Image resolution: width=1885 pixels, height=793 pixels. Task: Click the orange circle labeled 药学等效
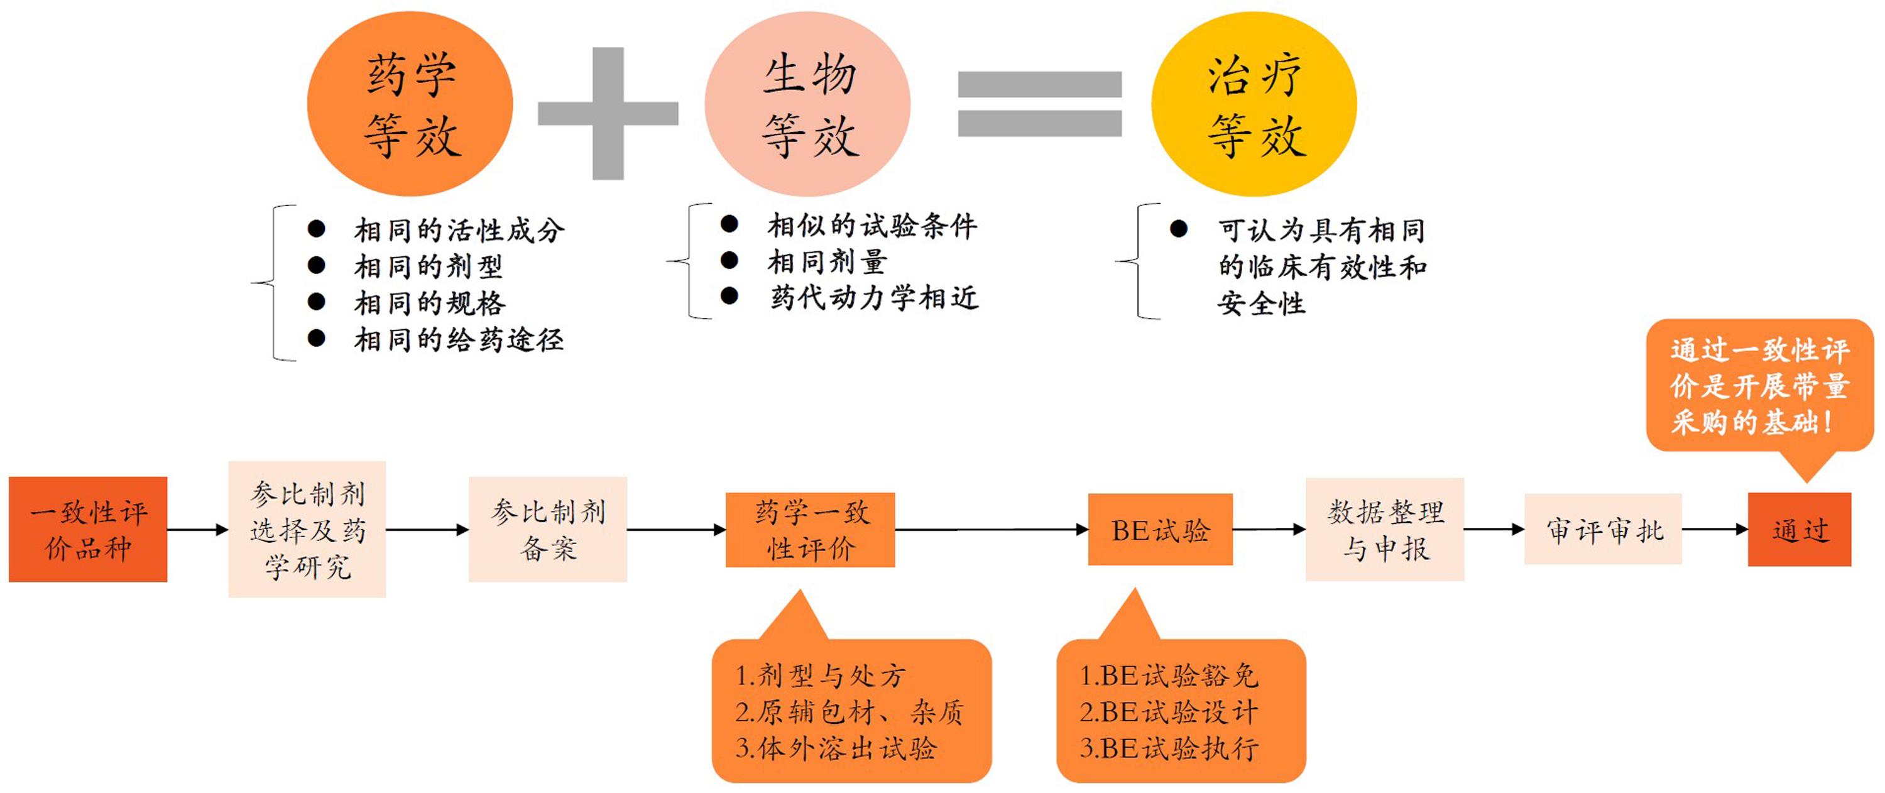(x=410, y=104)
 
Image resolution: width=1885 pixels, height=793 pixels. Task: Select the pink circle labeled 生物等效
(x=808, y=104)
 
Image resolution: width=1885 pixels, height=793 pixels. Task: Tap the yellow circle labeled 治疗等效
(x=1254, y=104)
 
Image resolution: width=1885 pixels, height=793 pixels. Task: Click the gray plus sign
(x=608, y=113)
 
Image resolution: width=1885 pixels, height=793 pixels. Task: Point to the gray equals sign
(x=1040, y=104)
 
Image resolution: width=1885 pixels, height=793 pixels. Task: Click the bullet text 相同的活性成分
(x=459, y=231)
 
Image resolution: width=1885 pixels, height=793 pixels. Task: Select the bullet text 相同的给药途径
(x=459, y=339)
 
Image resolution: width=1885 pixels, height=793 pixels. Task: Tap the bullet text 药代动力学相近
(x=874, y=298)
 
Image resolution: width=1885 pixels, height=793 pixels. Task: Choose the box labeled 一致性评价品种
(x=88, y=530)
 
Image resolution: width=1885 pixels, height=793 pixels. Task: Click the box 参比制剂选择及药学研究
(x=307, y=530)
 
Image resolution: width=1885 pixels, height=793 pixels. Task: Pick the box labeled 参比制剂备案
(x=548, y=530)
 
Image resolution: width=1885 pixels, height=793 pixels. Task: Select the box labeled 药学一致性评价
(x=810, y=530)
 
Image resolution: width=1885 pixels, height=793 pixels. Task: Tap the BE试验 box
(x=1160, y=530)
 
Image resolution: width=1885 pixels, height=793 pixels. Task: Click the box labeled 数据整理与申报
(x=1385, y=530)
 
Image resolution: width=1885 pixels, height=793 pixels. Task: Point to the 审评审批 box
(x=1604, y=530)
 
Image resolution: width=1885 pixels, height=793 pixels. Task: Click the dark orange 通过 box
(x=1800, y=530)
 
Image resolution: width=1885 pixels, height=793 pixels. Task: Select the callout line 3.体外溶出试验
(x=836, y=748)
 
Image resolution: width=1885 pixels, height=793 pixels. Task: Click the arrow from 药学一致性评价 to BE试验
(x=992, y=530)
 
